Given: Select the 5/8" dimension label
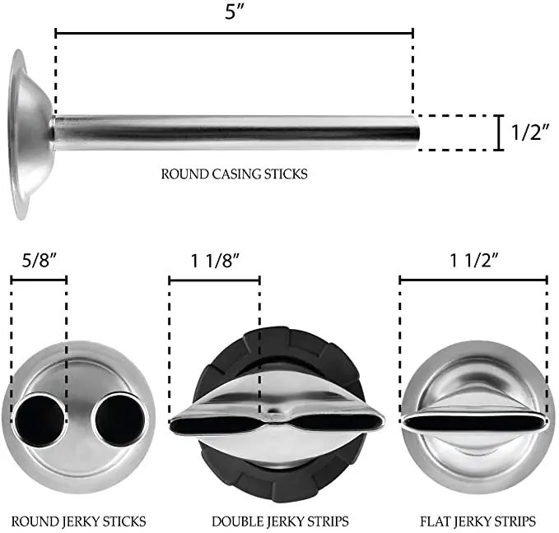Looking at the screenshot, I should tap(38, 262).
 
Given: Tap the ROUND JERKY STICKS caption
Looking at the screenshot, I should tap(80, 521).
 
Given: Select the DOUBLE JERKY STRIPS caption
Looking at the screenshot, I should tap(280, 521).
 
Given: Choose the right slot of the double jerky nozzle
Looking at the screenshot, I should tap(338, 422).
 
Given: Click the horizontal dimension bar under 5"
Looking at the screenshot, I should tap(234, 34).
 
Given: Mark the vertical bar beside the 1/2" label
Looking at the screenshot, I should tap(499, 133).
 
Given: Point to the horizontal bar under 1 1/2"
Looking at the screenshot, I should tap(473, 280).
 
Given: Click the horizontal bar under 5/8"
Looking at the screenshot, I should tap(39, 280).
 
